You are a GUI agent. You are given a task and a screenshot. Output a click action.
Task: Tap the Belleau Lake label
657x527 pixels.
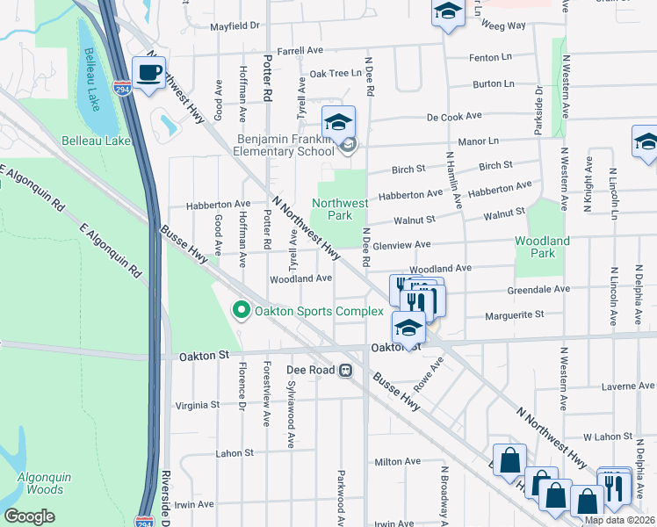pos(96,141)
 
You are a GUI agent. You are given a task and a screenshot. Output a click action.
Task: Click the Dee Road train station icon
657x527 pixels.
pos(346,370)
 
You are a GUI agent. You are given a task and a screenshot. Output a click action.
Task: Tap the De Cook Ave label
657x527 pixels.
pos(454,116)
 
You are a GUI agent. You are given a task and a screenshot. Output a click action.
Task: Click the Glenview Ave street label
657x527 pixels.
pos(401,245)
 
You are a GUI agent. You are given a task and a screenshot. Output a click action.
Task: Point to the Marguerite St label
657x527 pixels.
pos(515,313)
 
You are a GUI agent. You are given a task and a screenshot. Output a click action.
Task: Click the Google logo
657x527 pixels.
pos(30,516)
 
